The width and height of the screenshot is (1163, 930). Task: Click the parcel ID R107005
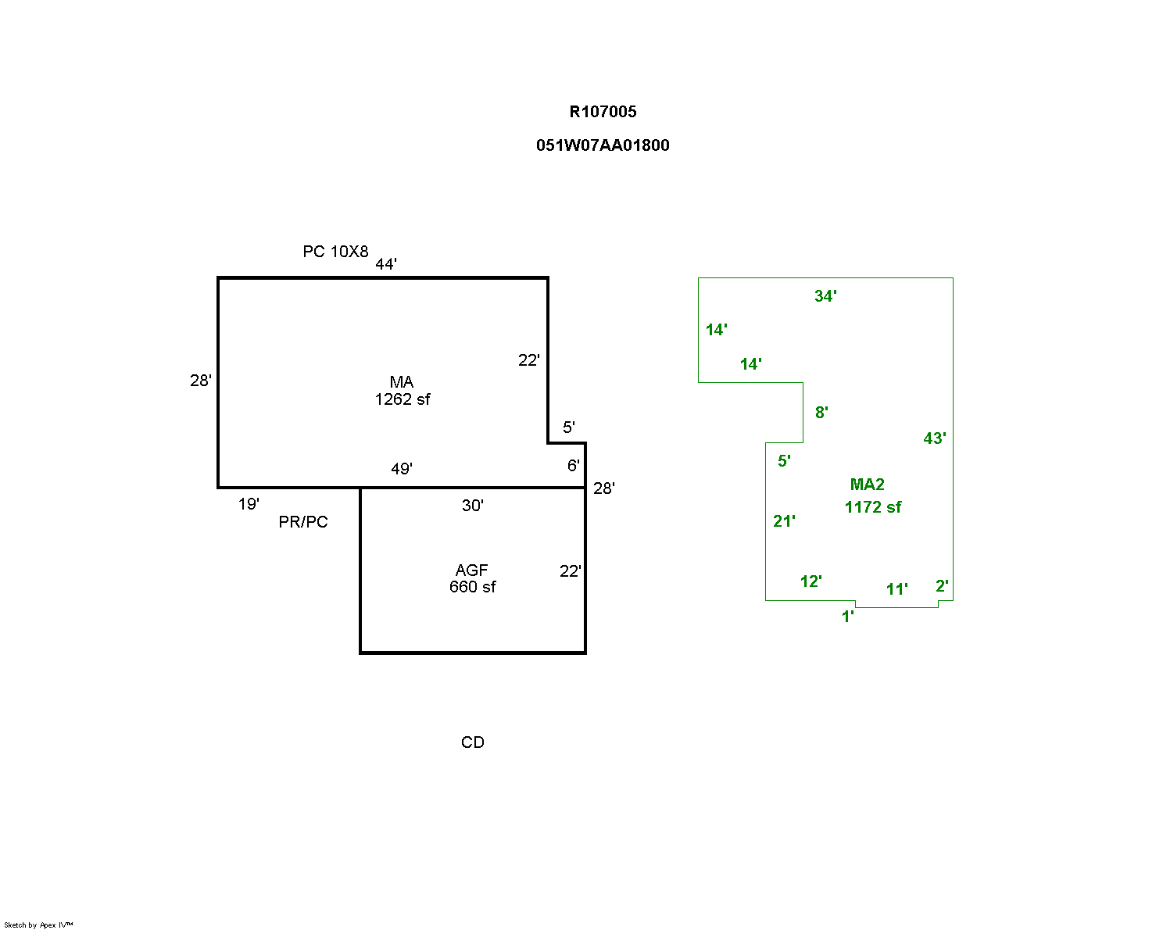[603, 112]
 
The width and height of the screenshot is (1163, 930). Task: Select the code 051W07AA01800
[603, 145]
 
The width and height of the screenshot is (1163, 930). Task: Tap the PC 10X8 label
[335, 252]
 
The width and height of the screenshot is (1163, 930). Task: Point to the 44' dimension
[386, 264]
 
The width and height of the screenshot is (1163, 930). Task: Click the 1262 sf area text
[403, 399]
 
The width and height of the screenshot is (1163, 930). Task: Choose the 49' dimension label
[402, 469]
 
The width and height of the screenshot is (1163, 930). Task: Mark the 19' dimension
[249, 504]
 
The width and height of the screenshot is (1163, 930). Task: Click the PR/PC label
[303, 522]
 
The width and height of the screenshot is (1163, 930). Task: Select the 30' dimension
[473, 506]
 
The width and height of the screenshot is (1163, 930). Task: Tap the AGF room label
[472, 571]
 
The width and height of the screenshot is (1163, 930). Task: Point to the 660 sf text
[472, 587]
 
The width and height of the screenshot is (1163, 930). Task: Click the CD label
[473, 742]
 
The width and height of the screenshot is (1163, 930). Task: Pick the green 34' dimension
[825, 296]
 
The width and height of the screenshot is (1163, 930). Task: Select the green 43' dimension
[935, 438]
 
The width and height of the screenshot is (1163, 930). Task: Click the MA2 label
[868, 485]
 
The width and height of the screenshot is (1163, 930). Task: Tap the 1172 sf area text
[873, 507]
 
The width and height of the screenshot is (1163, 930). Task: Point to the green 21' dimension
[784, 521]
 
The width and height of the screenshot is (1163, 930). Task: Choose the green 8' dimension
[821, 413]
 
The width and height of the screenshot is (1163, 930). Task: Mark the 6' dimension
[573, 466]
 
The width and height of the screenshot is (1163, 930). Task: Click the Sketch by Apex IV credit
[38, 925]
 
